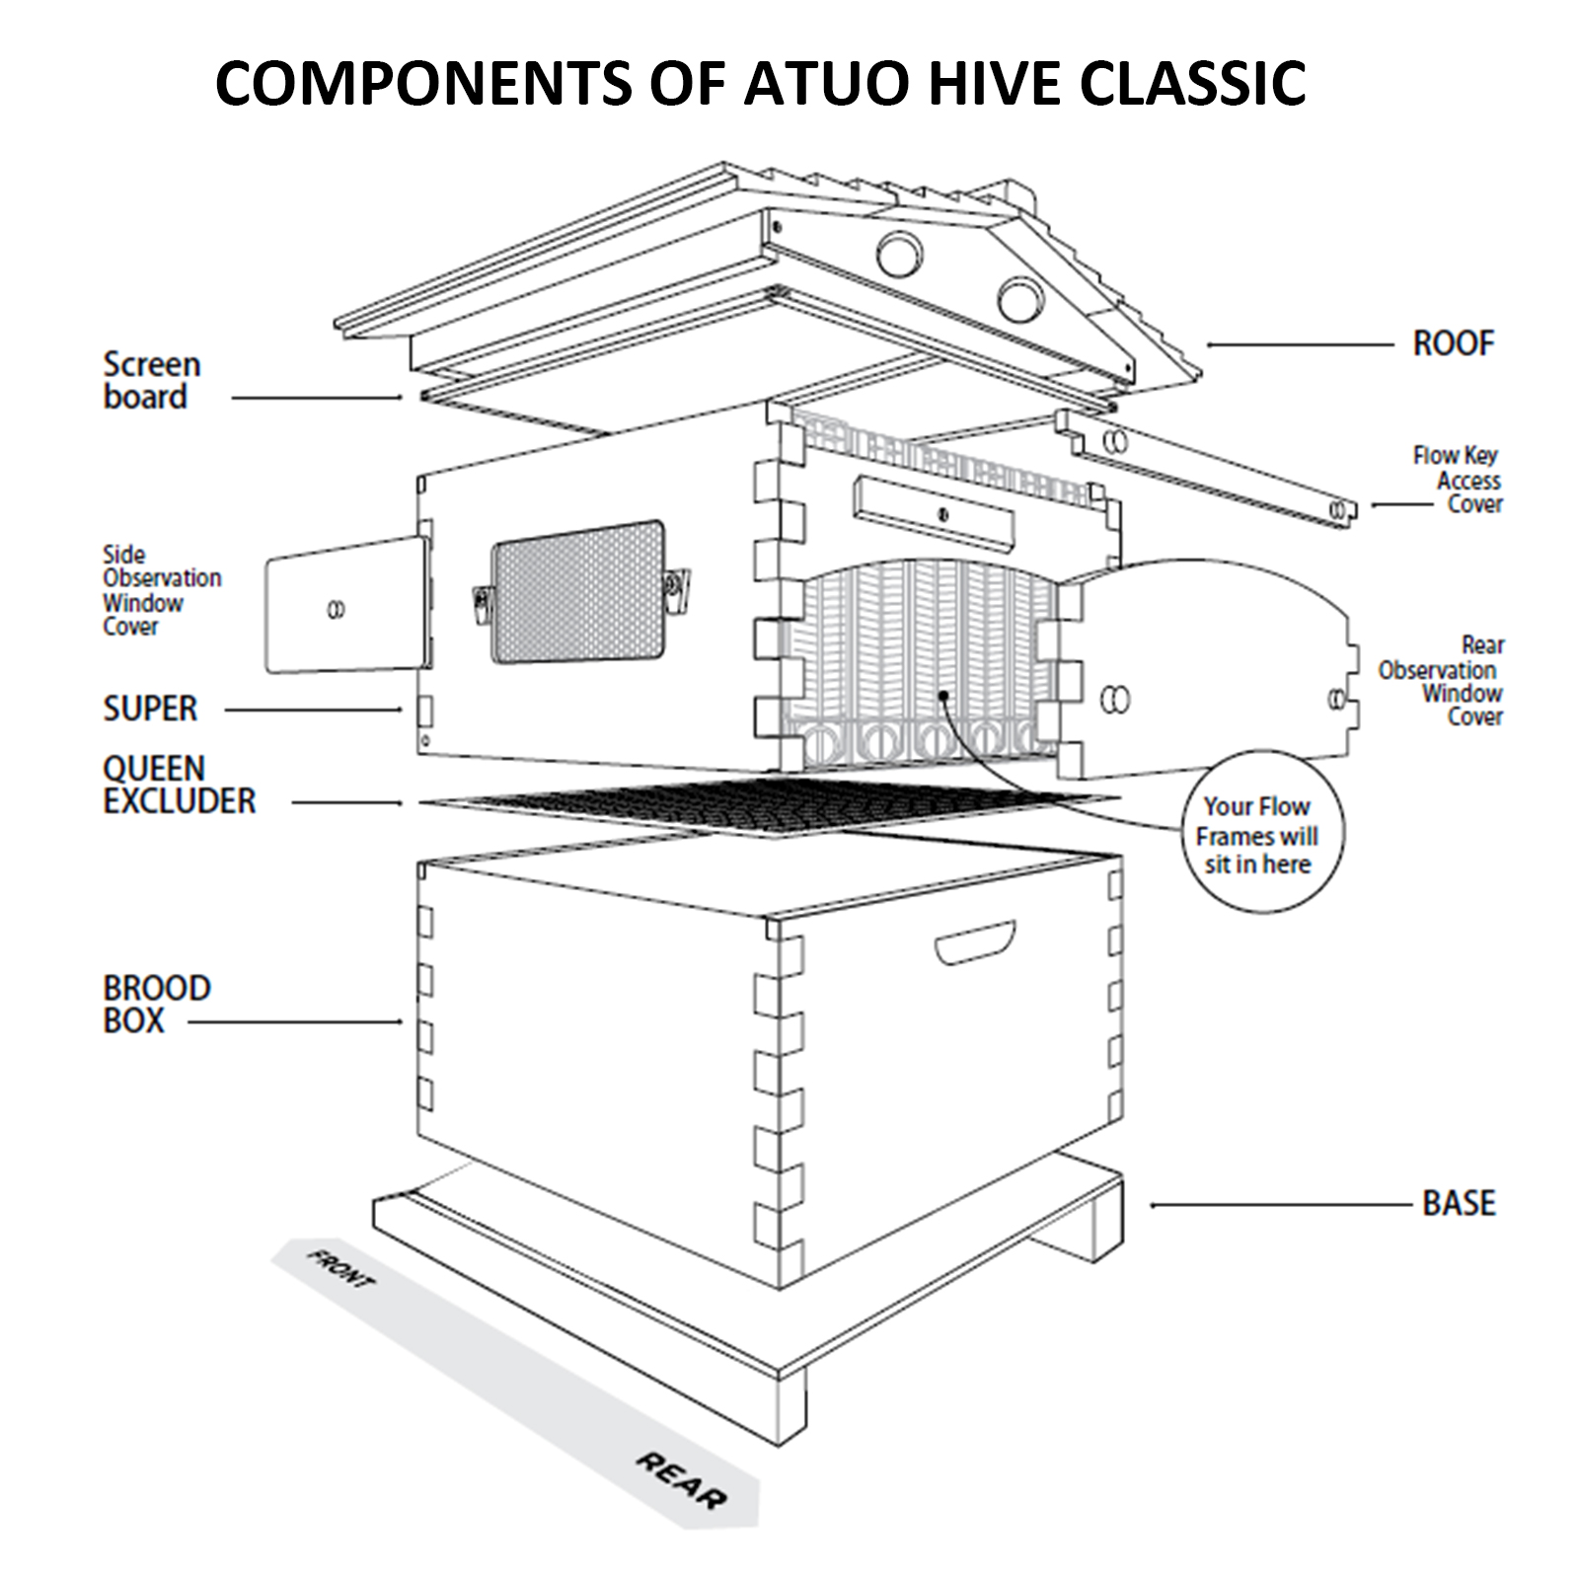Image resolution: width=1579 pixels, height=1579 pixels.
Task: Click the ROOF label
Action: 1453,343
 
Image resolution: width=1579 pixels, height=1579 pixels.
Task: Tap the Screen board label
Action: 151,381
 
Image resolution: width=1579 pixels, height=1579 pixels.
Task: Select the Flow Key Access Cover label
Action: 1457,480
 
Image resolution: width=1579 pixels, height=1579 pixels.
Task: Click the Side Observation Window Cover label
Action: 161,590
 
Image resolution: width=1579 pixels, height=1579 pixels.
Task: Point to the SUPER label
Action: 150,709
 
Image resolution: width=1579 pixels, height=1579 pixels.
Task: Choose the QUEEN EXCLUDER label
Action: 179,785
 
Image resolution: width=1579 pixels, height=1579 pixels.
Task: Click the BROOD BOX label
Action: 156,1005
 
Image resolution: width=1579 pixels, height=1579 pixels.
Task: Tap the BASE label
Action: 1459,1203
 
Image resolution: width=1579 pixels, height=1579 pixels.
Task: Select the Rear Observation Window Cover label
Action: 1442,681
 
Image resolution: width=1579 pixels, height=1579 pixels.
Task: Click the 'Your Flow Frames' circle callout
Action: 1257,835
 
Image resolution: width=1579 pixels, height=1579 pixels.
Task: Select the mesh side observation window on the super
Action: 577,591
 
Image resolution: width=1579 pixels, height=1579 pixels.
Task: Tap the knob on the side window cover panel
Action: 336,609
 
